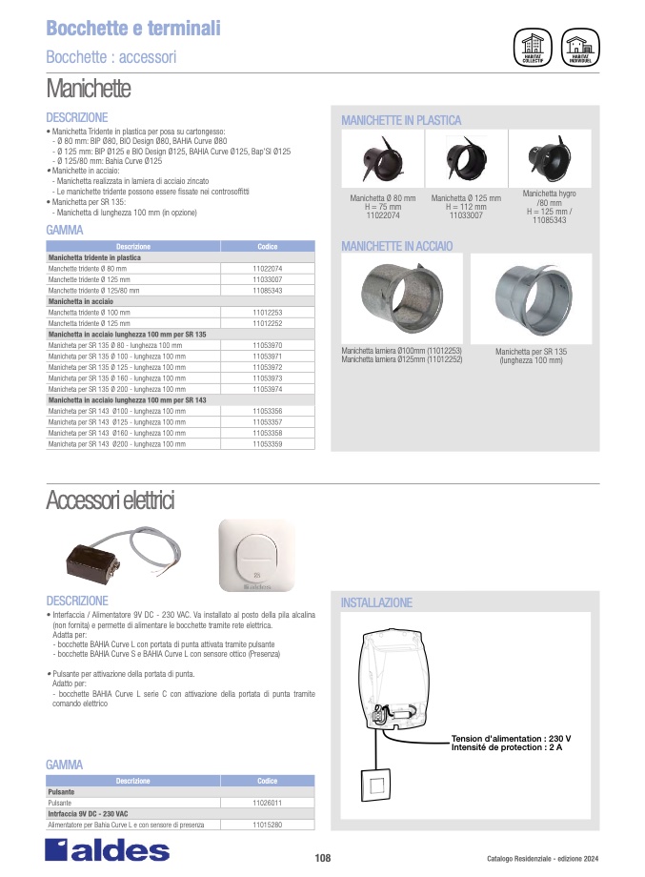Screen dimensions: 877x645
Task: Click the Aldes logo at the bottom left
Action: (108, 850)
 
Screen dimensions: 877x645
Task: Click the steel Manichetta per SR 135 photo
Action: (532, 296)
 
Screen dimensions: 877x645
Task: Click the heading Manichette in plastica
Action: (401, 120)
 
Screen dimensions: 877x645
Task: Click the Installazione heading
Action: (376, 603)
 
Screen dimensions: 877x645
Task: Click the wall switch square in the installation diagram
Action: (375, 787)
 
